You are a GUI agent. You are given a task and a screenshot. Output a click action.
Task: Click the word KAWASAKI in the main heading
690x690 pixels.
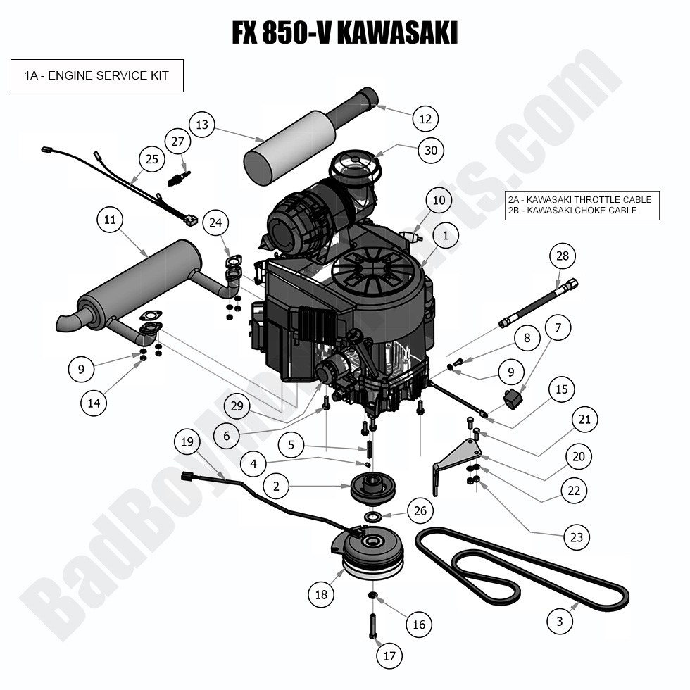pyautogui.click(x=398, y=32)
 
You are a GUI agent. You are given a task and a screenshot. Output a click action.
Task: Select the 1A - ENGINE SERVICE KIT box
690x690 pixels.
pyautogui.click(x=97, y=75)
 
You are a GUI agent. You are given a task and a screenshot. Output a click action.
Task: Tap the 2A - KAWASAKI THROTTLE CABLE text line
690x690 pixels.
pyautogui.click(x=579, y=199)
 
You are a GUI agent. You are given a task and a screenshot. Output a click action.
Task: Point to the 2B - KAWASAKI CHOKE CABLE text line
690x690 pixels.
pyautogui.click(x=572, y=210)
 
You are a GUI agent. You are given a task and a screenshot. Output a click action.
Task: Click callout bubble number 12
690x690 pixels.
pyautogui.click(x=425, y=119)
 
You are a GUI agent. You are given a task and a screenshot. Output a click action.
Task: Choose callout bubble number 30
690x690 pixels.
pyautogui.click(x=431, y=149)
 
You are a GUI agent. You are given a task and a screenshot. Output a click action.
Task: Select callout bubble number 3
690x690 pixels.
pyautogui.click(x=560, y=621)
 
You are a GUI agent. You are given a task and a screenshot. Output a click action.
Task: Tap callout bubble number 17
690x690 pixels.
pyautogui.click(x=389, y=656)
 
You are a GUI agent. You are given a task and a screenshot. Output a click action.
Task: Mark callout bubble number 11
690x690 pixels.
pyautogui.click(x=109, y=220)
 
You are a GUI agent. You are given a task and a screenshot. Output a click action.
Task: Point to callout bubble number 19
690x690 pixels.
pyautogui.click(x=187, y=442)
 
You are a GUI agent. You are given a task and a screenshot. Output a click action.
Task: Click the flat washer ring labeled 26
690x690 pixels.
pyautogui.click(x=373, y=517)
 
